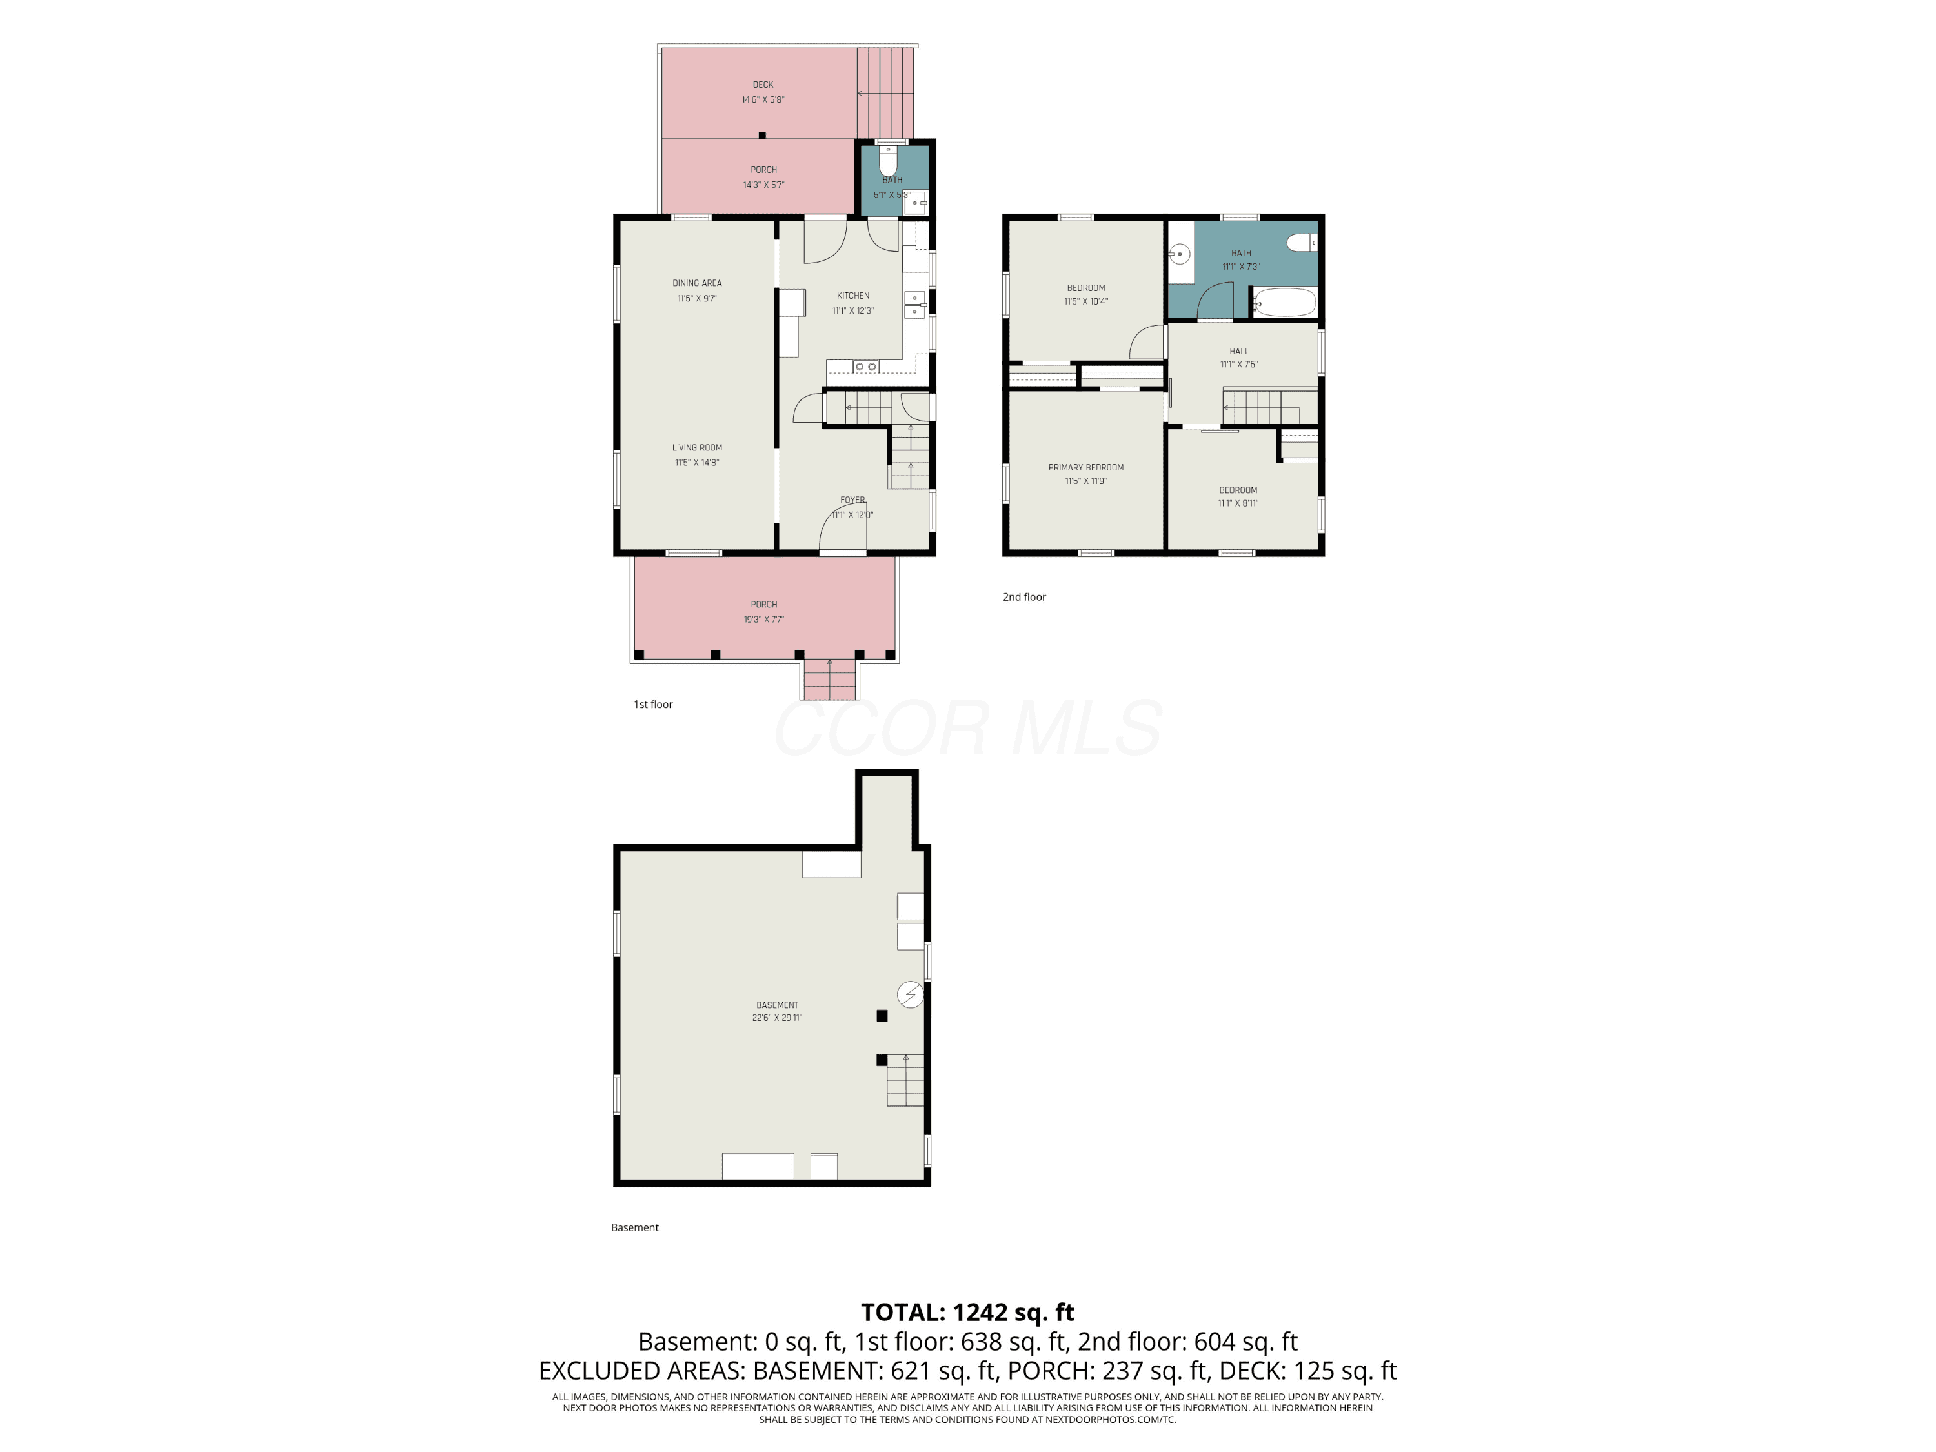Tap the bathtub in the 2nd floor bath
[1284, 303]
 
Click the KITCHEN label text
[853, 296]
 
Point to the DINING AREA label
[698, 283]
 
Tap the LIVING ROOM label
[698, 447]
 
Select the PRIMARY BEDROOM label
[1086, 467]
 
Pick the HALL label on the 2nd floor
[1239, 351]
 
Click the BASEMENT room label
[777, 1005]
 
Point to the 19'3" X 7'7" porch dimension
[764, 620]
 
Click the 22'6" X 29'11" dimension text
[777, 1018]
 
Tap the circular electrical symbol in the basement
[910, 994]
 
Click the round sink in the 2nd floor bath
[1180, 255]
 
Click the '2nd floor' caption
[1024, 597]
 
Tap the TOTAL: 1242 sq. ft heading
[967, 1312]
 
